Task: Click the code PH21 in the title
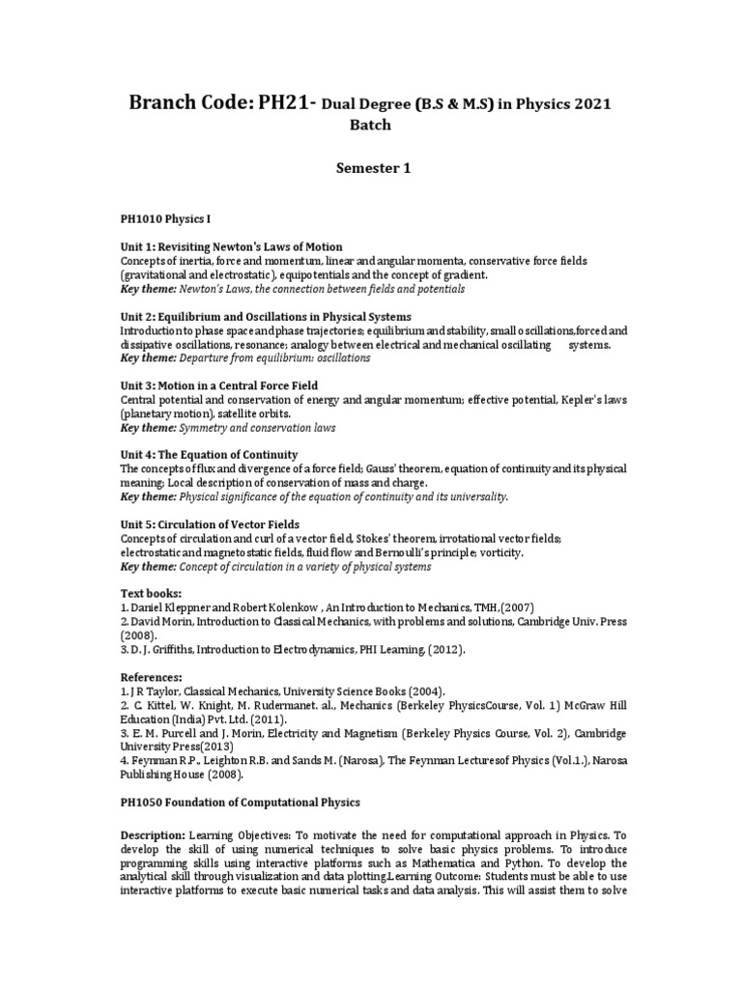click(280, 102)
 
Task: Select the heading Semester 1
click(372, 168)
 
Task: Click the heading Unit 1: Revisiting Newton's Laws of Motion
click(231, 247)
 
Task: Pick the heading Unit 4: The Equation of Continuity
click(209, 455)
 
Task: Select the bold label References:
click(151, 678)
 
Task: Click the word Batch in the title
click(372, 126)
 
